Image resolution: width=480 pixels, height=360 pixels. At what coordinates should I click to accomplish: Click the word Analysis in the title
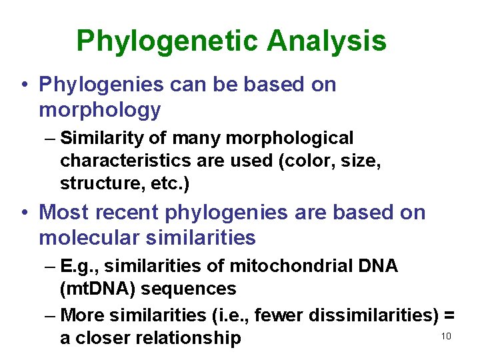click(x=327, y=41)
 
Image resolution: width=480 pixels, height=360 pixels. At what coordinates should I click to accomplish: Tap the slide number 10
click(x=446, y=336)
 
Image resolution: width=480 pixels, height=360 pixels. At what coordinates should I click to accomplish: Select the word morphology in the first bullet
click(x=100, y=110)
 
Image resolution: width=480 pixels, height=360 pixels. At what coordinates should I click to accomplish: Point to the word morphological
click(x=289, y=138)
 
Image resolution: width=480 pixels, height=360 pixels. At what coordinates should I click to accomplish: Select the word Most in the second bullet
click(x=65, y=212)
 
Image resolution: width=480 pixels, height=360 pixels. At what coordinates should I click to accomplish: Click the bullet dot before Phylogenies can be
click(x=23, y=85)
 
